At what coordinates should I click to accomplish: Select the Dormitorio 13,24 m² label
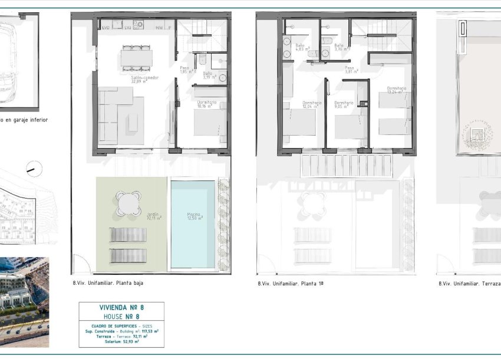point(394,90)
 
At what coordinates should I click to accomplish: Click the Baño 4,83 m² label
point(299,48)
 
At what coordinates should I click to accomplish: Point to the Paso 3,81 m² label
point(350,70)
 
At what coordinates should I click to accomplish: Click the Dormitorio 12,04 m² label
point(312,105)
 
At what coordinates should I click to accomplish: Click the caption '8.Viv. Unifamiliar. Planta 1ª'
point(291,284)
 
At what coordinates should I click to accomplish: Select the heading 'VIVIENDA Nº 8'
point(121,307)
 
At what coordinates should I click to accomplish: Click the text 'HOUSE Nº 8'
point(121,316)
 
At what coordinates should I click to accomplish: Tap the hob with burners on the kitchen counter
point(139,25)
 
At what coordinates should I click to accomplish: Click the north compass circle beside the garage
point(34,169)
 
